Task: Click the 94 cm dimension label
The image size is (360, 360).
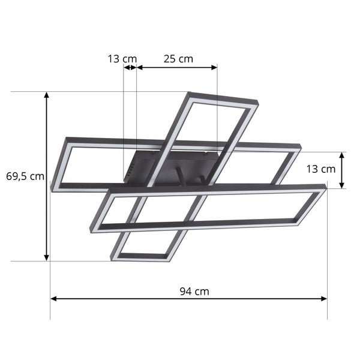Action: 194,292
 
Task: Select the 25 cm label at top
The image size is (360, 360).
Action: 178,59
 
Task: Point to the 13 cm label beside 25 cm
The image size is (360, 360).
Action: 122,59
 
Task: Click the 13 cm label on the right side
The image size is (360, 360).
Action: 320,169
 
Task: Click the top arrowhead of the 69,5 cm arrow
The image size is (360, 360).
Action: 47,95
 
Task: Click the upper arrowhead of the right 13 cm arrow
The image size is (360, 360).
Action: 341,155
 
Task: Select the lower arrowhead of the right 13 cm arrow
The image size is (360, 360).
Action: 341,185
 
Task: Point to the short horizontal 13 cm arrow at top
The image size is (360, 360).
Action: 130,68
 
